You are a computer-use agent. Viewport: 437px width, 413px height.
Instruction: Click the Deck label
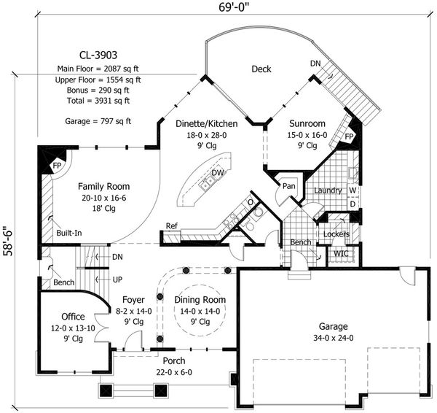(261, 69)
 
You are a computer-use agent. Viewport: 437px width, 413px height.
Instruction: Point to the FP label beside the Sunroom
(348, 136)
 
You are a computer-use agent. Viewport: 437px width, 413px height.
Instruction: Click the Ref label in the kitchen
(172, 226)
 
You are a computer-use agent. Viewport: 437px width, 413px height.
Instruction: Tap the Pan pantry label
(289, 185)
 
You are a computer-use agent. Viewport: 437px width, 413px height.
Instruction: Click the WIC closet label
(340, 253)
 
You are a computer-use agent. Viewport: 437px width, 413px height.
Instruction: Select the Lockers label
(336, 233)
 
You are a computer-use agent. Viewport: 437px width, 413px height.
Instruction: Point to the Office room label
(73, 317)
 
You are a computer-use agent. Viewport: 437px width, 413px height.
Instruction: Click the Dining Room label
(200, 300)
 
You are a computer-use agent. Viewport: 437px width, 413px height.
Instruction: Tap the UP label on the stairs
(117, 279)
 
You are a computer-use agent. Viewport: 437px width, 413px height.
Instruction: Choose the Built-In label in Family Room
(69, 233)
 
